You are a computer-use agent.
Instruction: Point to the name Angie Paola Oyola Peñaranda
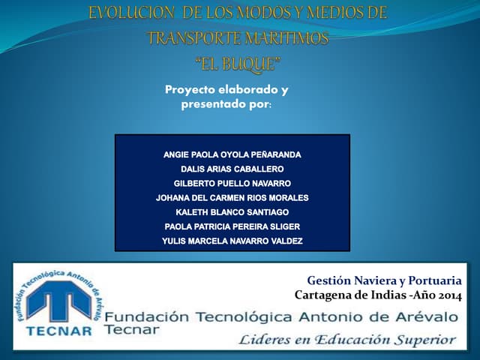[232, 154]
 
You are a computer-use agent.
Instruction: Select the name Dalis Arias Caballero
[232, 169]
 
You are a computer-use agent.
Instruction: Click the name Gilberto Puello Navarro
[232, 183]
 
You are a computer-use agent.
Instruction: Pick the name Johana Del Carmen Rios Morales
[232, 198]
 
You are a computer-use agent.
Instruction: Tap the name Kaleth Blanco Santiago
[232, 212]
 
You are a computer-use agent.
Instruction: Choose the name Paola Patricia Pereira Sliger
[232, 226]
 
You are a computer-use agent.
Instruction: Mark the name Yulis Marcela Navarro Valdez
[232, 241]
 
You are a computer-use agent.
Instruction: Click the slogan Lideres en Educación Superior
[346, 340]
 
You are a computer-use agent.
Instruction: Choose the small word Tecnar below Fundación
[132, 329]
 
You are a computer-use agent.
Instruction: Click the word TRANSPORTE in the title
[191, 37]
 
